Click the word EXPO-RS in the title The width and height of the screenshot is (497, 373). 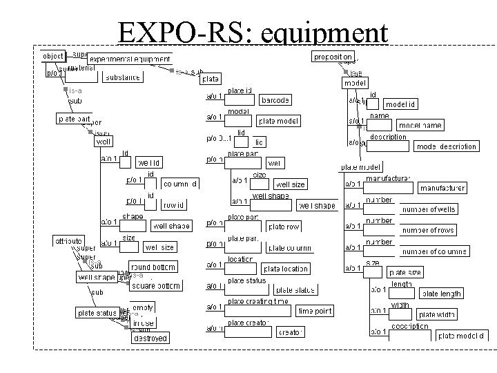169,32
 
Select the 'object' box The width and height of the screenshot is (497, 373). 53,55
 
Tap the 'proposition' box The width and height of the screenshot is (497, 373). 333,56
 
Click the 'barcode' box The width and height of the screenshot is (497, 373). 275,100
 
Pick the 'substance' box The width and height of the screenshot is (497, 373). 122,77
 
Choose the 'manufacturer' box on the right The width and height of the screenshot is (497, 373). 442,188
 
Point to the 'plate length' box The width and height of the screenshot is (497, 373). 442,294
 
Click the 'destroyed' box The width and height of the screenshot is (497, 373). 150,338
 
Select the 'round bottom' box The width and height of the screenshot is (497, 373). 153,267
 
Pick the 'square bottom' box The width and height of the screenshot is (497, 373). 155,286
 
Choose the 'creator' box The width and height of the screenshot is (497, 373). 291,333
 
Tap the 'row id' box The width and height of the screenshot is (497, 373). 172,205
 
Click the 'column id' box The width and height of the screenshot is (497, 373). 181,184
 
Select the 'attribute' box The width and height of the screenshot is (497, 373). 69,240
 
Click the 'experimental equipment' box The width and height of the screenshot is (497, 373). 129,59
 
